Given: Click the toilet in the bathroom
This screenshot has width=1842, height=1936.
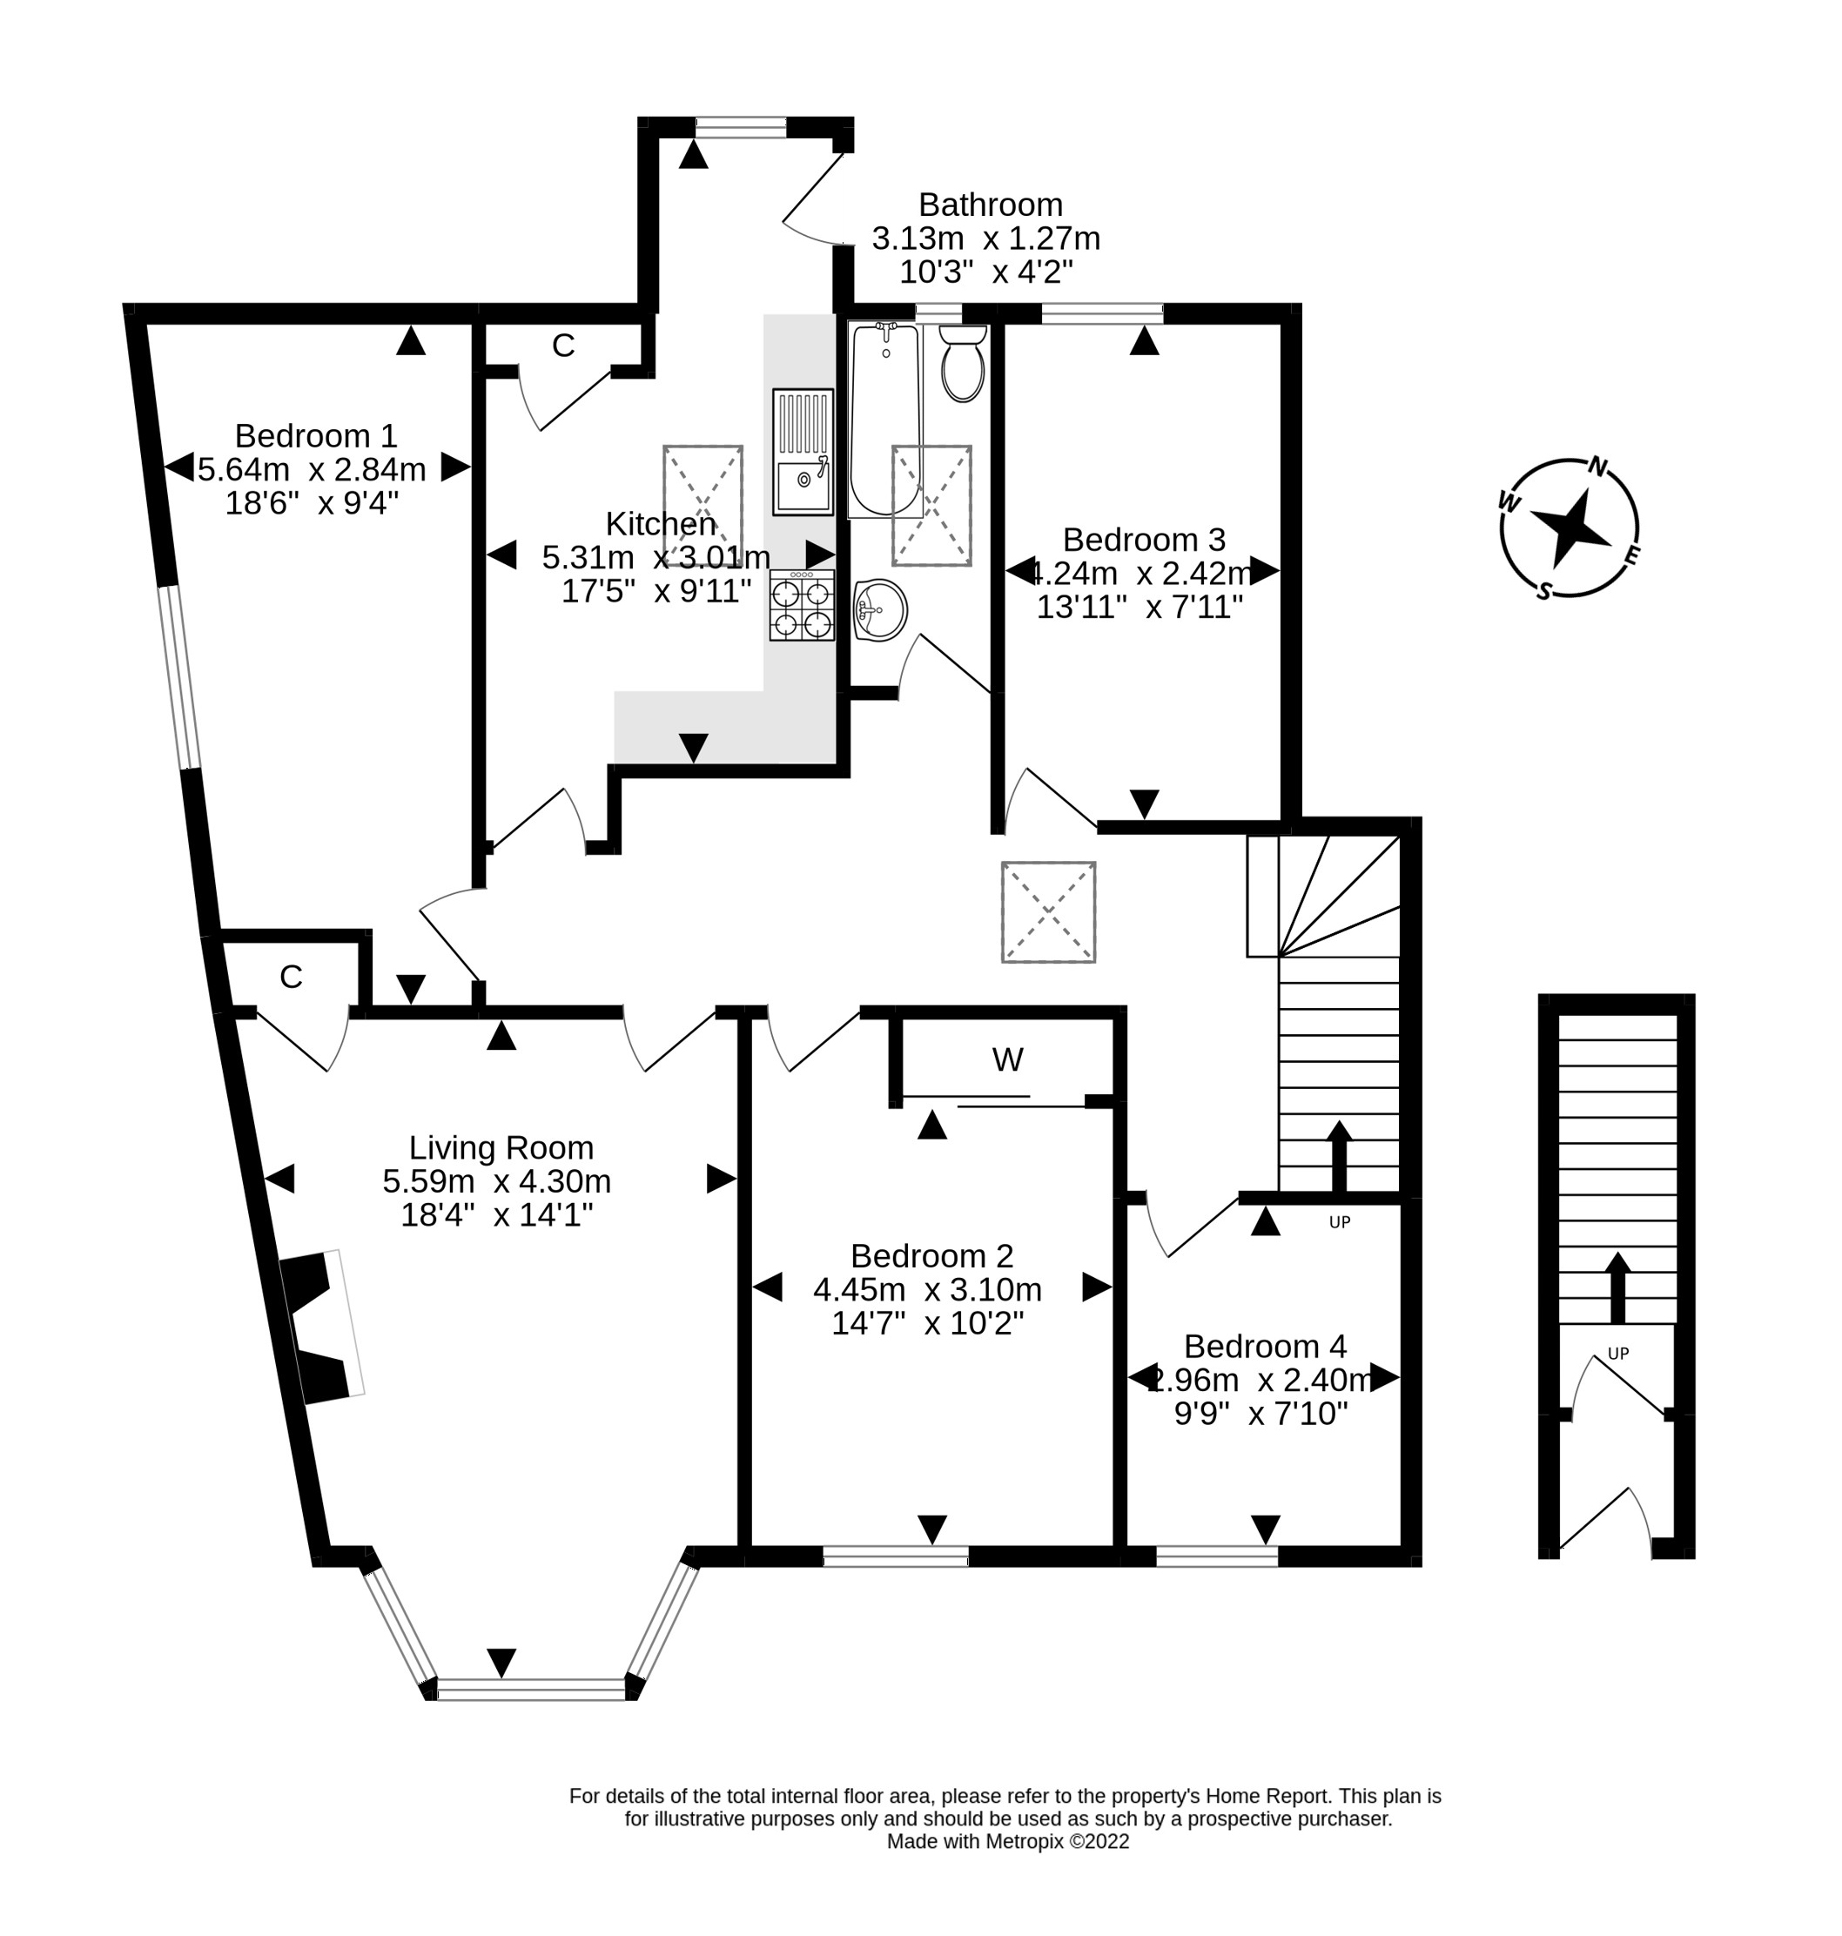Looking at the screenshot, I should click(962, 366).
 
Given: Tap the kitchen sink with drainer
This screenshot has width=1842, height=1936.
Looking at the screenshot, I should click(803, 452).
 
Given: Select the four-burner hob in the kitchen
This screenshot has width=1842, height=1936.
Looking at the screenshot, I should click(803, 606).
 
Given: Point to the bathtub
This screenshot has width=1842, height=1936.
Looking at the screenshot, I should click(884, 420).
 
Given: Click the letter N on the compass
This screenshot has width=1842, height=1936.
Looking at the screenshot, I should click(1597, 467).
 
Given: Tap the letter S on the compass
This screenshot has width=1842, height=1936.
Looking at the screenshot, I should click(1544, 591).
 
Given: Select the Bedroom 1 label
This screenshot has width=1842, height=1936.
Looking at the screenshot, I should click(315, 435).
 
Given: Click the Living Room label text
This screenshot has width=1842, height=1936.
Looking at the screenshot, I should click(501, 1146).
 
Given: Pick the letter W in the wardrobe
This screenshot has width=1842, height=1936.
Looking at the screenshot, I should click(1007, 1059).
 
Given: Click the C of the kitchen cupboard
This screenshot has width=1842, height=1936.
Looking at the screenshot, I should click(562, 346).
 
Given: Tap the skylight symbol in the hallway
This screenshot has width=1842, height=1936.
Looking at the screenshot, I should click(1048, 912).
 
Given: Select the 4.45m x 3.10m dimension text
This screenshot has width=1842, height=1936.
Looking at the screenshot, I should click(927, 1289).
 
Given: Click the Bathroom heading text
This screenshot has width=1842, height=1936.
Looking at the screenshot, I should click(990, 205).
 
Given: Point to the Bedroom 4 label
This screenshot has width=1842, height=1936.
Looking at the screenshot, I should click(1265, 1345).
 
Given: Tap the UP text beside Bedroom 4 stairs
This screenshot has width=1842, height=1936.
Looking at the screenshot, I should click(1339, 1222).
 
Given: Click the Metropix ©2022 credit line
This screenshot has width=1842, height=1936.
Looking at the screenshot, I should click(1007, 1842).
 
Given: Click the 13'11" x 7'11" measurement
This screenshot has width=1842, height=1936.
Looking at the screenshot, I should click(1140, 607).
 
